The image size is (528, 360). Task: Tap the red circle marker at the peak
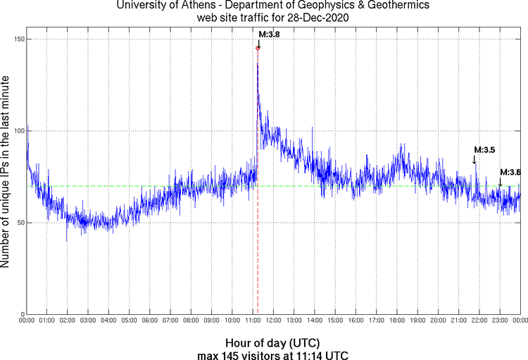point(258,47)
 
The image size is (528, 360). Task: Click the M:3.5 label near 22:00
point(484,149)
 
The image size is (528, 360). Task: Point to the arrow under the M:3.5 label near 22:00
point(474,160)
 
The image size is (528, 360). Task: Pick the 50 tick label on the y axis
point(18,223)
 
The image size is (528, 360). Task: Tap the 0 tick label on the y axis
point(20,314)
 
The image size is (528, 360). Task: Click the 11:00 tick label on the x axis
point(253,321)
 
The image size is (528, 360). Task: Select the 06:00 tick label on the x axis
point(150,321)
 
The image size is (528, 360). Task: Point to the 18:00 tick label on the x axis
point(397,321)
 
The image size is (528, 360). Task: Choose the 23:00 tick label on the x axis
point(500,321)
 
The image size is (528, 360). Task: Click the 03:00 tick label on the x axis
point(88,321)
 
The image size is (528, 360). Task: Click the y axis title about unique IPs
point(6,173)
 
